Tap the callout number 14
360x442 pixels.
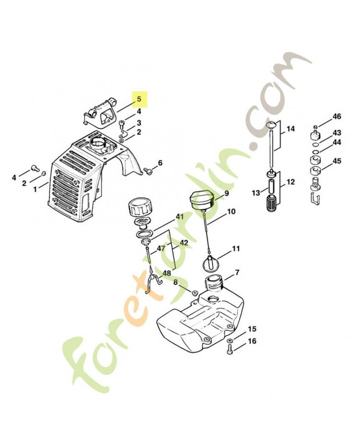click(x=290, y=129)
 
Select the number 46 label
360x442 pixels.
click(x=337, y=116)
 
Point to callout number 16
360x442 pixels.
click(x=252, y=341)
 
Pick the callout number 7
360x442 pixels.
click(x=237, y=272)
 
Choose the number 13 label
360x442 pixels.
click(x=256, y=193)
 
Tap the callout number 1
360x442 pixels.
click(x=35, y=189)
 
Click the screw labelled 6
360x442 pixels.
click(x=148, y=170)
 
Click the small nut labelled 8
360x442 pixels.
click(x=194, y=293)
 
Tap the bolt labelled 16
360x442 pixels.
click(x=230, y=350)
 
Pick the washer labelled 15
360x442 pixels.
click(x=229, y=340)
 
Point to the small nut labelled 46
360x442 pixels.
click(x=316, y=127)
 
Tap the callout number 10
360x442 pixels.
click(x=231, y=212)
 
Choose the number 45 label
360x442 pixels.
click(x=337, y=161)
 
